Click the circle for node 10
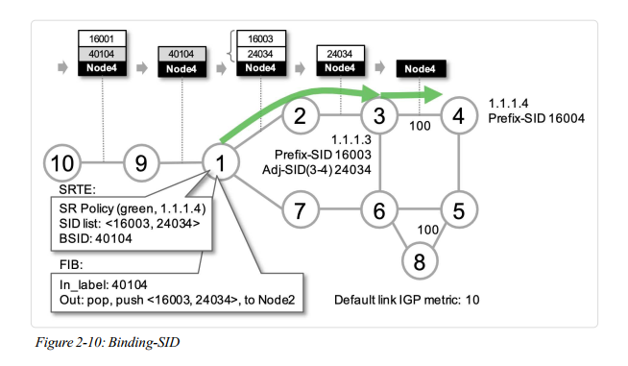click(x=61, y=162)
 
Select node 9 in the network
click(x=141, y=162)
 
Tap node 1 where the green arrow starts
click(x=221, y=162)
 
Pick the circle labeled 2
click(x=300, y=118)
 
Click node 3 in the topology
click(x=379, y=118)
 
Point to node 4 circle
click(x=458, y=118)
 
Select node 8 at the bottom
click(x=419, y=259)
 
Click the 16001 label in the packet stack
click(x=102, y=40)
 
